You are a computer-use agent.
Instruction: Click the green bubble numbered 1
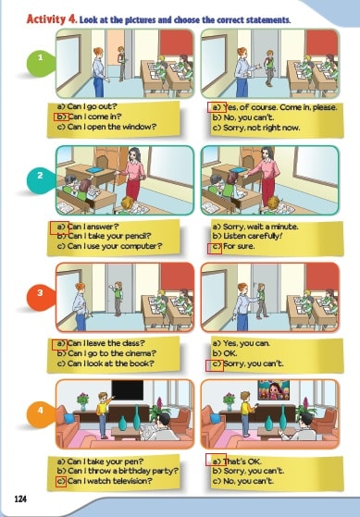(41, 63)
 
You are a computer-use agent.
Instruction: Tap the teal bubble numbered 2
(41, 179)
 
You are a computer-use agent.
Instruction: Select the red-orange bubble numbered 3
(41, 297)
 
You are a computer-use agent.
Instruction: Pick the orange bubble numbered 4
(41, 414)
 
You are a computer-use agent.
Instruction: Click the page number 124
(20, 499)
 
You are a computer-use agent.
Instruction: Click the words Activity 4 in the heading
(52, 19)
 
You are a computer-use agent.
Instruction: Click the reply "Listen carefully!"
(247, 236)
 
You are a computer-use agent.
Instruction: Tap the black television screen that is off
(128, 389)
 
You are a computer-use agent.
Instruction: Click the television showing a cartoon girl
(274, 389)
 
